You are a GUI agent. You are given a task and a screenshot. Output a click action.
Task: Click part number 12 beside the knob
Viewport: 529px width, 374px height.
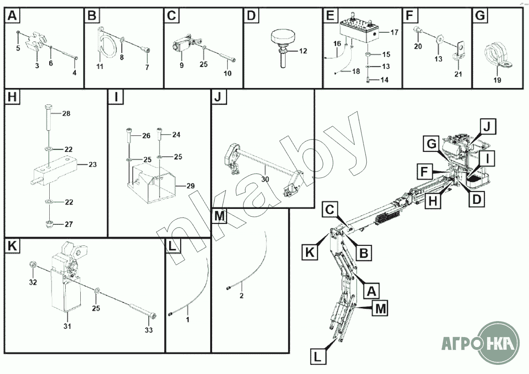click(x=303, y=51)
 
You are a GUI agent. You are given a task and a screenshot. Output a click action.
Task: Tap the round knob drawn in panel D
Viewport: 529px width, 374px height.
click(x=283, y=48)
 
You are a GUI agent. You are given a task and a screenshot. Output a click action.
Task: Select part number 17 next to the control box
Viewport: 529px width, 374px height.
click(x=394, y=32)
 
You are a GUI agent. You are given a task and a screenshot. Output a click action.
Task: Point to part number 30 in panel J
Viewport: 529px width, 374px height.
click(x=265, y=179)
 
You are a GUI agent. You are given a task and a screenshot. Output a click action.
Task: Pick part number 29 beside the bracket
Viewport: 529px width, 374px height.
click(x=191, y=186)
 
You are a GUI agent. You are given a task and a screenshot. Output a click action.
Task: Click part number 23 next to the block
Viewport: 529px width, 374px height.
click(x=93, y=164)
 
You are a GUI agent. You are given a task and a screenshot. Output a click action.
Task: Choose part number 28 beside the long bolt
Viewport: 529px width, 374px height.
click(x=66, y=114)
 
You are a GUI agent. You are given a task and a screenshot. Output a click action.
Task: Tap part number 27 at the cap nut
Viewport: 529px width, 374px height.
click(x=68, y=224)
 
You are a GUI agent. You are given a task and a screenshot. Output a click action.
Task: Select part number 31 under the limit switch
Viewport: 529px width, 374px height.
click(x=67, y=326)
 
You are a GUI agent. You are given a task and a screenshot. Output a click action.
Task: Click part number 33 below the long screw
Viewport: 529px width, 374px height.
click(x=149, y=330)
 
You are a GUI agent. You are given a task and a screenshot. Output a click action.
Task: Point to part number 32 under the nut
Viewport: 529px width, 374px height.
click(x=33, y=282)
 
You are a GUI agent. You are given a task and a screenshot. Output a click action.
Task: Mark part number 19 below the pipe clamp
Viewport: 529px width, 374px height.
click(x=497, y=80)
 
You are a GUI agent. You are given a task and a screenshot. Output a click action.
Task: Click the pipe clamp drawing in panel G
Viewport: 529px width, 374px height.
click(x=497, y=55)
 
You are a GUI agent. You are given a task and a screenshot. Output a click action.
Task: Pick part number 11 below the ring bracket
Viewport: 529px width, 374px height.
click(x=99, y=67)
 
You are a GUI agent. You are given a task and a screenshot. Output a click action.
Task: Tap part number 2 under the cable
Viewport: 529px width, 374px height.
click(x=241, y=296)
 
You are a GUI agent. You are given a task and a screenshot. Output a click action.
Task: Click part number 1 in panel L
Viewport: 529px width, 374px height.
click(x=188, y=320)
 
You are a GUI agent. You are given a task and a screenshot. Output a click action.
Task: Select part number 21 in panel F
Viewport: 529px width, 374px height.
click(x=458, y=74)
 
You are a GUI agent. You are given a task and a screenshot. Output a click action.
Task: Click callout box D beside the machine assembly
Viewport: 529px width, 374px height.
click(x=477, y=199)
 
